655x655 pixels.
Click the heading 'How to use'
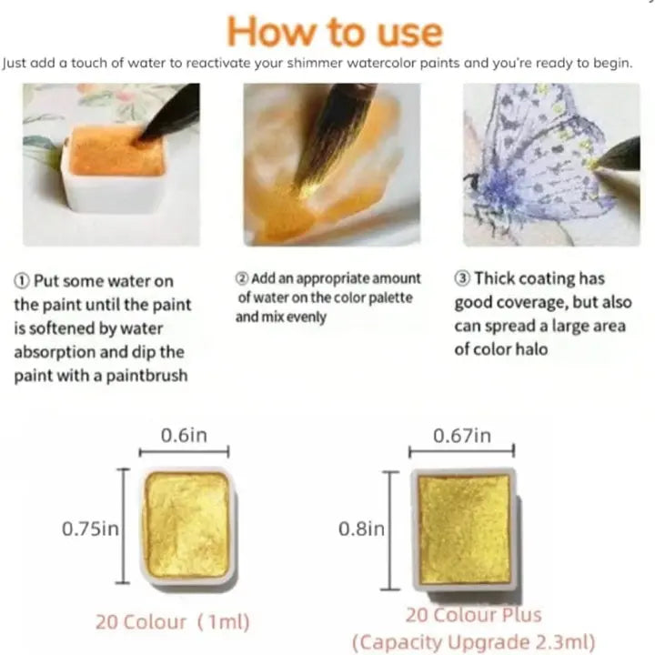335,32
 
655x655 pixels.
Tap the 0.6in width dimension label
184,435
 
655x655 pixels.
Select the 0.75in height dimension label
90,529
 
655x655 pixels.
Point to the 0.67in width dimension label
462,436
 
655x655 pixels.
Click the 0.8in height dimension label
361,529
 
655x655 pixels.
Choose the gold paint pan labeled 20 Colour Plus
465,529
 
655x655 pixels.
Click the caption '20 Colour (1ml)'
173,622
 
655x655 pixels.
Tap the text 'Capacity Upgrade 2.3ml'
474,642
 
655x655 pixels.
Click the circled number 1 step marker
22,281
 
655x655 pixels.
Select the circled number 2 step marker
242,278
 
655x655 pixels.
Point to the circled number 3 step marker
462,278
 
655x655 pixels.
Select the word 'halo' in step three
531,349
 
